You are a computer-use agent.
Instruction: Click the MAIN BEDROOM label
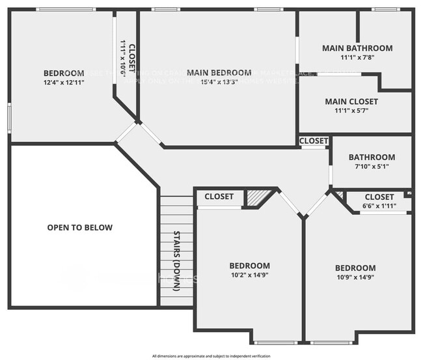tap(219, 72)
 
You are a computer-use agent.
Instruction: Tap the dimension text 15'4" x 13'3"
tap(219, 82)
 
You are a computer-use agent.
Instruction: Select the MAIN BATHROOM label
tap(357, 48)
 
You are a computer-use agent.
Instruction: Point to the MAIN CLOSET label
tap(351, 102)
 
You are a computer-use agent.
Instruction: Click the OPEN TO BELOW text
tap(79, 228)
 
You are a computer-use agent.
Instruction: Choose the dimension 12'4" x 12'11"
tap(64, 83)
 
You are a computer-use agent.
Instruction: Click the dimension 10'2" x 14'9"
tap(249, 276)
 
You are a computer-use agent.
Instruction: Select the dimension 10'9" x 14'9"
tap(355, 277)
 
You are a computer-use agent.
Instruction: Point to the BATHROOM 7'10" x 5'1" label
tap(372, 157)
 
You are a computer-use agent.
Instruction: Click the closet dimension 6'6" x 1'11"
tap(379, 206)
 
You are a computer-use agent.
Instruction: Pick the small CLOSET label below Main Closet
tap(314, 141)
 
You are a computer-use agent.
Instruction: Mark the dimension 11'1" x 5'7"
tap(351, 111)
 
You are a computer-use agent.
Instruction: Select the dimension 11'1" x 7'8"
tap(357, 57)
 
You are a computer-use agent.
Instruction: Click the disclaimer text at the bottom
tap(211, 355)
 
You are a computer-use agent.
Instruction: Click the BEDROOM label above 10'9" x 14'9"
tap(355, 268)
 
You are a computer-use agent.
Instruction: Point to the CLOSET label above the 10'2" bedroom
tap(219, 197)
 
